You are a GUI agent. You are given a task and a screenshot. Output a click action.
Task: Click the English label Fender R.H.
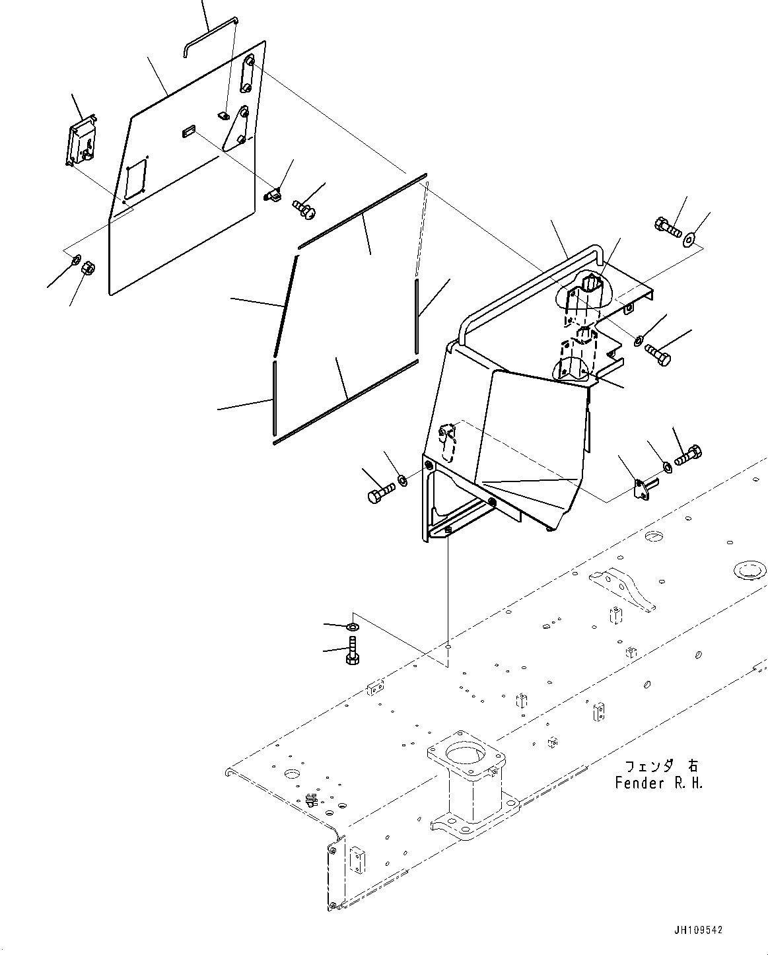(x=658, y=783)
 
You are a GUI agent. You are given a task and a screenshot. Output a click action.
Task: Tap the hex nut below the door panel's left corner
(x=86, y=269)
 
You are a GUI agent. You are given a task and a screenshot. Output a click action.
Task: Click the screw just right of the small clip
(x=304, y=210)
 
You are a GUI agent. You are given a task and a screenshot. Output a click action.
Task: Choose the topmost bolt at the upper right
(x=666, y=229)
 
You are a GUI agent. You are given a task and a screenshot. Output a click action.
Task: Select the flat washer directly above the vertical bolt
(x=353, y=625)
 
